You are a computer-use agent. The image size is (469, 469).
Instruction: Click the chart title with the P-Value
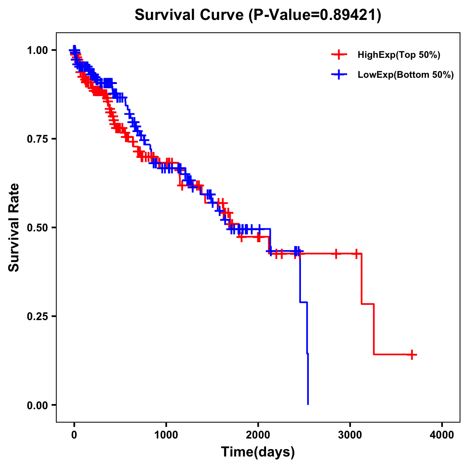258,15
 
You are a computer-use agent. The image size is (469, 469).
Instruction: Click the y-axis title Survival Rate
14,227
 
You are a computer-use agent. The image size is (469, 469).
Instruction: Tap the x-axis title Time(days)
258,452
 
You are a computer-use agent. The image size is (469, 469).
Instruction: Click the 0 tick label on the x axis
74,435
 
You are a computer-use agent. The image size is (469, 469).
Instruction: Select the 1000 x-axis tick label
166,435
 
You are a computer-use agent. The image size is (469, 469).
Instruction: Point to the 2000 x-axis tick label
258,435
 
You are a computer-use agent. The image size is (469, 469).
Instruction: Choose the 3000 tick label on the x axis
350,435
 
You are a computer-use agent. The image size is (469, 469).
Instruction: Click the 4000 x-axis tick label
442,435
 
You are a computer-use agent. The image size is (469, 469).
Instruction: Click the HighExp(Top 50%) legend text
399,55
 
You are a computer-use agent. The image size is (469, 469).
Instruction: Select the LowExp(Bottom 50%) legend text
406,75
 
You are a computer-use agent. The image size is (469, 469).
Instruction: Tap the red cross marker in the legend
339,55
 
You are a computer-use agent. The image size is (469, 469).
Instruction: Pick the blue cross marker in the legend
339,75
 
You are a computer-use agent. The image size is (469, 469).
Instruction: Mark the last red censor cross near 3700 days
412,354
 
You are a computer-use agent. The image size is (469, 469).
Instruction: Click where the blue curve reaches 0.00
308,404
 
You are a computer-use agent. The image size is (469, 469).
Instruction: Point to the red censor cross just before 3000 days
335,254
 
